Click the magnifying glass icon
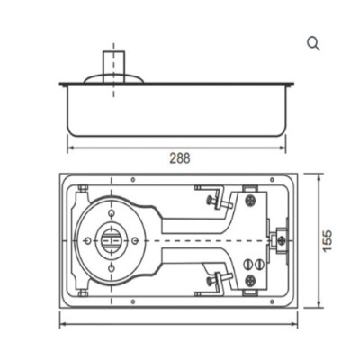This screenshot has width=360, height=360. coord(313,44)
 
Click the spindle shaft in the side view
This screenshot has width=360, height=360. coord(113,64)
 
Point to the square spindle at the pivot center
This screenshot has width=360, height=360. coord(111,240)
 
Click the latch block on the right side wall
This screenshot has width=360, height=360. coord(278,241)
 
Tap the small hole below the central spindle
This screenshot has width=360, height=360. coord(111,268)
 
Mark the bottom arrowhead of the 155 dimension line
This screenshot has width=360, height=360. coord(318,306)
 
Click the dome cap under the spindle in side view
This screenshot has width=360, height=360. coord(113,80)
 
